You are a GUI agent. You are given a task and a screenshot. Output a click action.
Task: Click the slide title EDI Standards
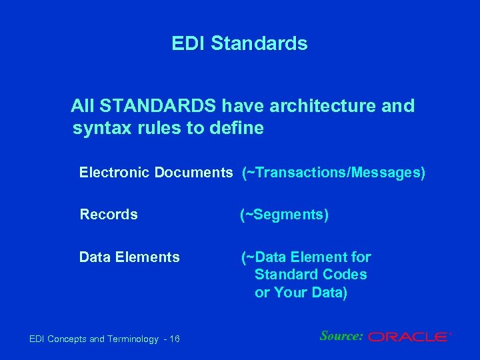[x=239, y=44]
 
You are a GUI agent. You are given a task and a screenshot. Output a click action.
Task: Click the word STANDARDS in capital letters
[x=159, y=106]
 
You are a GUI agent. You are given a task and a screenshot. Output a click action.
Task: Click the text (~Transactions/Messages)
[x=333, y=173]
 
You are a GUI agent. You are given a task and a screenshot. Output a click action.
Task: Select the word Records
[x=109, y=215]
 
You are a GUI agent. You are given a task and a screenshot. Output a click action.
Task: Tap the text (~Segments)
[x=284, y=215]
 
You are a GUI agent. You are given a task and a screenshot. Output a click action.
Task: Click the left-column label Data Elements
[x=129, y=257]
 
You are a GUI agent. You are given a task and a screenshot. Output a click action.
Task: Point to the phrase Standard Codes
[x=311, y=275]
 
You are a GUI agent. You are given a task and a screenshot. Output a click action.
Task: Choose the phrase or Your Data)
[x=301, y=293]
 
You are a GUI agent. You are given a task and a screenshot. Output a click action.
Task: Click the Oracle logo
[x=409, y=337]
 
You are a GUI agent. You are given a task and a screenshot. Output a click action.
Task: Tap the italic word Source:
[x=341, y=336]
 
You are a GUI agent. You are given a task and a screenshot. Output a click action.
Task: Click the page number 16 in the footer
[x=175, y=339]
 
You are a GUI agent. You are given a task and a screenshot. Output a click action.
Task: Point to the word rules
[x=159, y=128]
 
